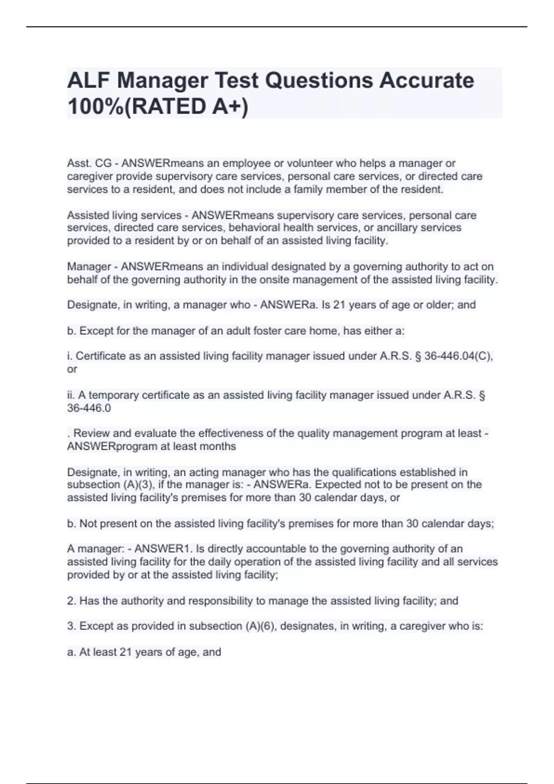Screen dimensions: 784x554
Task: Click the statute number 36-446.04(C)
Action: (458, 356)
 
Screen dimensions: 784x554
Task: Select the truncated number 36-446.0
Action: (89, 408)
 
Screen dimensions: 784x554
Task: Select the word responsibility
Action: (221, 601)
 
